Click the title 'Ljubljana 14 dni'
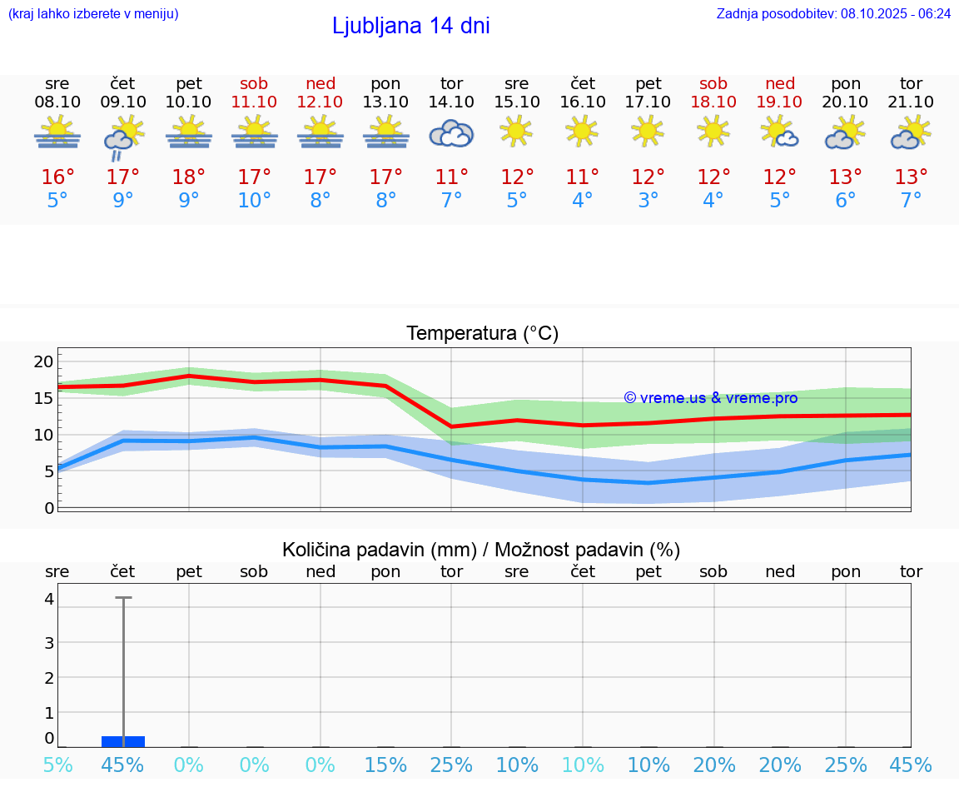pyautogui.click(x=410, y=26)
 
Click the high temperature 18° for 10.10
pyautogui.click(x=189, y=177)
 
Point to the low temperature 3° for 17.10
pyautogui.click(x=648, y=201)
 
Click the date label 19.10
pyautogui.click(x=779, y=102)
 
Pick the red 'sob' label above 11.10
pyautogui.click(x=254, y=83)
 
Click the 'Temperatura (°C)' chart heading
pyautogui.click(x=482, y=334)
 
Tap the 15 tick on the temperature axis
pyautogui.click(x=43, y=398)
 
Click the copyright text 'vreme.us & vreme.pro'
pyautogui.click(x=710, y=398)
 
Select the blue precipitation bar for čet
pyautogui.click(x=123, y=741)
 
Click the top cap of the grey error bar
pyautogui.click(x=123, y=598)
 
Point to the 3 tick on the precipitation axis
pyautogui.click(x=49, y=643)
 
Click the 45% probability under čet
pyautogui.click(x=122, y=765)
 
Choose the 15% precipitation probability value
pyautogui.click(x=386, y=765)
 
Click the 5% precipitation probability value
pyautogui.click(x=57, y=765)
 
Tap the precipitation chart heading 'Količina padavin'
pyautogui.click(x=481, y=550)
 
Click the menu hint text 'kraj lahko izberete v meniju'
pyautogui.click(x=93, y=13)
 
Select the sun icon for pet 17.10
pyautogui.click(x=648, y=131)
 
